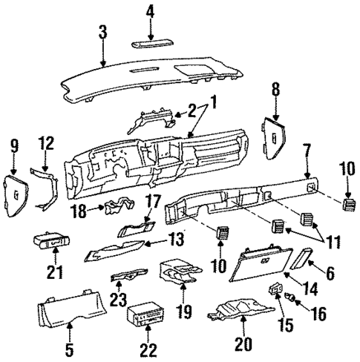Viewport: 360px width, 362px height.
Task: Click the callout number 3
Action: [x=103, y=33]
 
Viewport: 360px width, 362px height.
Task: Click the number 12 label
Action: [x=46, y=142]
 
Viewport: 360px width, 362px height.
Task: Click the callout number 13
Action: [x=173, y=240]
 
